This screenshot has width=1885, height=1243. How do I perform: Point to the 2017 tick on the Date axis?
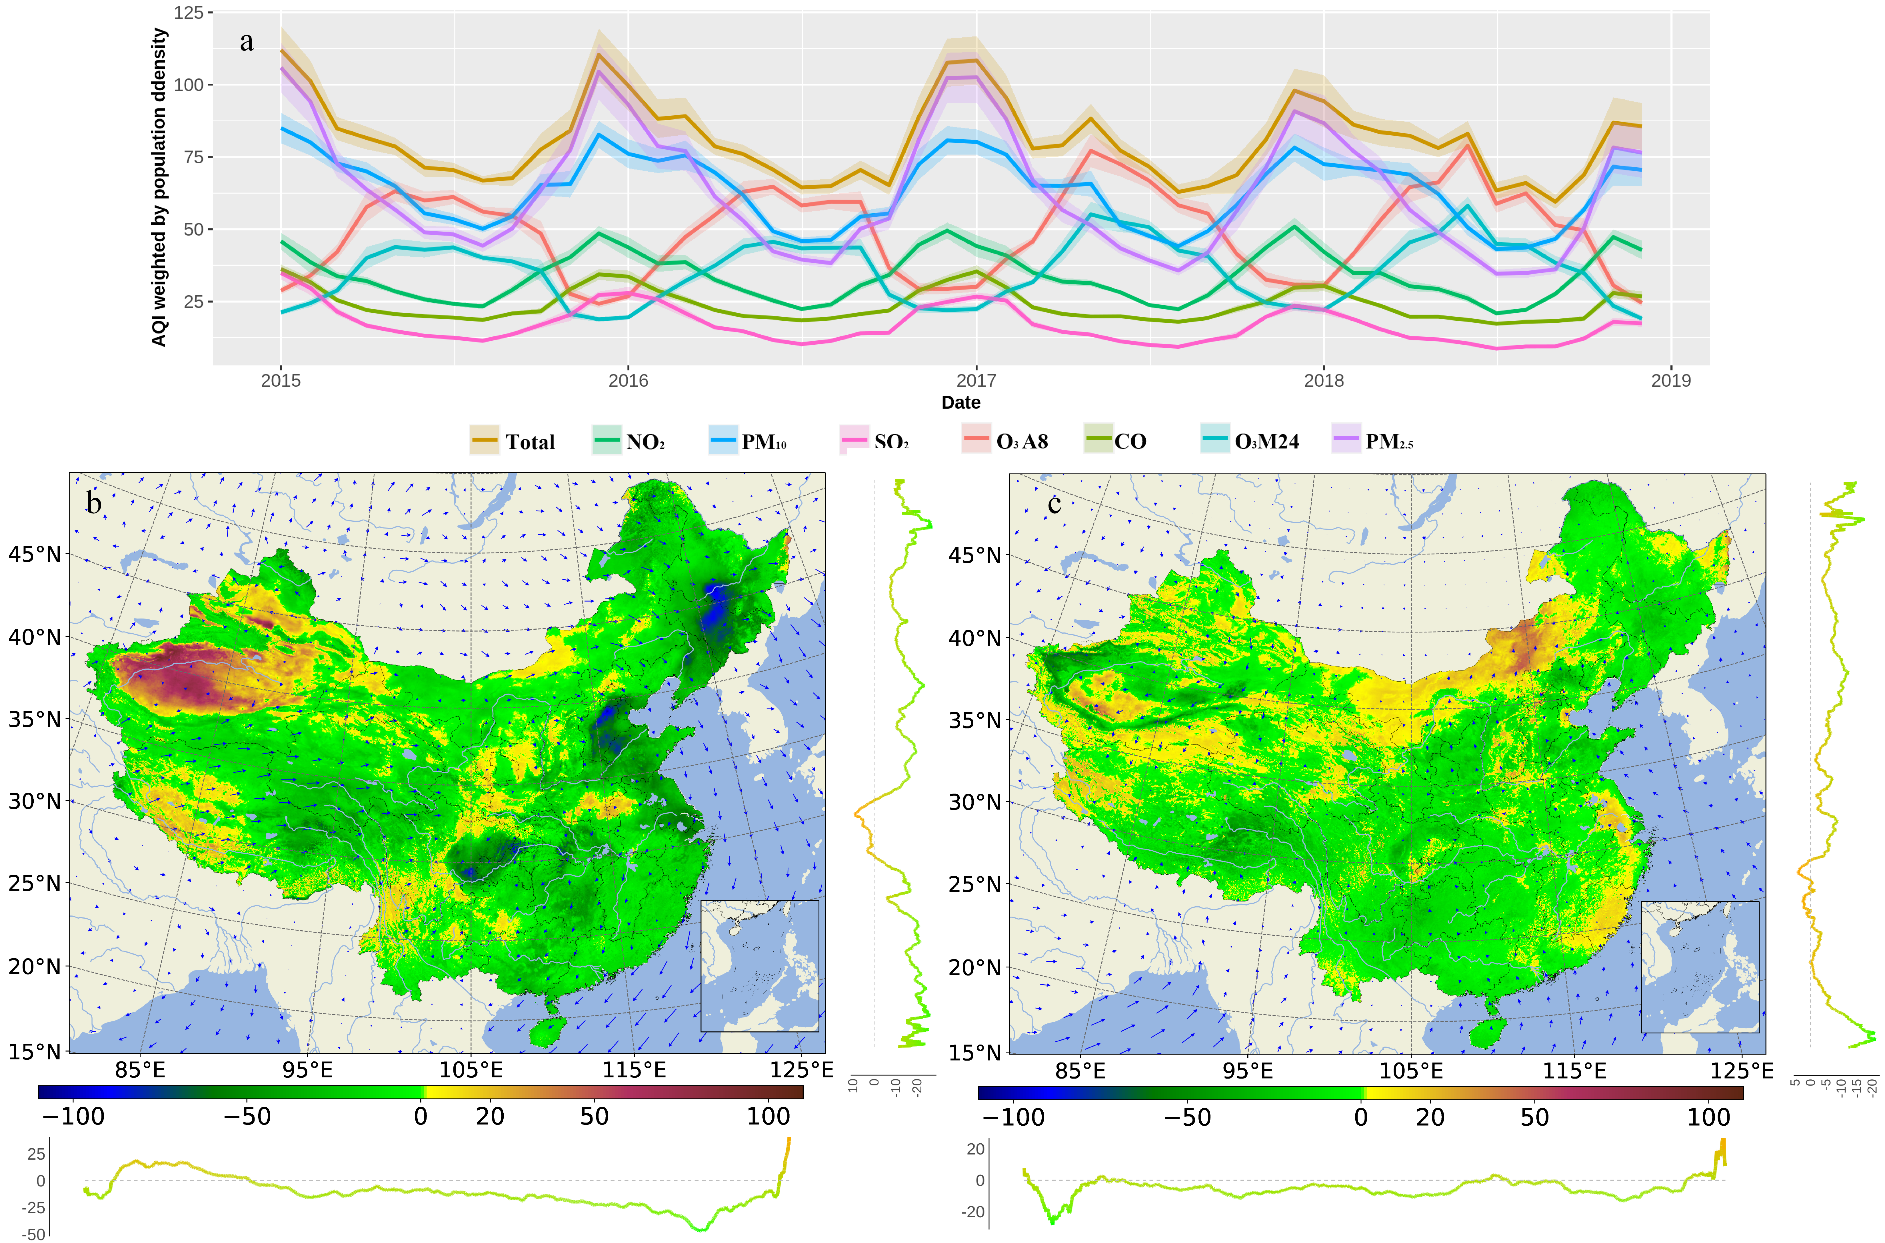tap(975, 381)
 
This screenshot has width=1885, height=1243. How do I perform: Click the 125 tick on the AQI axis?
tap(189, 13)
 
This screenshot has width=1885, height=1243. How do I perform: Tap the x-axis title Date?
tap(960, 403)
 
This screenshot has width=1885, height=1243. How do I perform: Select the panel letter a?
tap(247, 41)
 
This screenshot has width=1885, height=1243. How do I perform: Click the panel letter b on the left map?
tap(94, 503)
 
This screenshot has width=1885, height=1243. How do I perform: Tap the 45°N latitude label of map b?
tap(34, 554)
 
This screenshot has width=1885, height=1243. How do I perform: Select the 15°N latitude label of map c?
tap(974, 1052)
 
